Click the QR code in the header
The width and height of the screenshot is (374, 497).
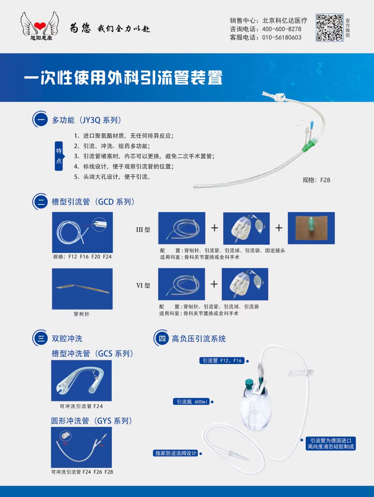point(329,28)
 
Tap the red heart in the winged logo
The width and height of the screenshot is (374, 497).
point(40,26)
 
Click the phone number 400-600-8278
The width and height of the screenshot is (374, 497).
point(282,29)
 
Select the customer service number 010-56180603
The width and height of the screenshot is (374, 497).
point(282,38)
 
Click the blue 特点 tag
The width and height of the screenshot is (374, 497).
point(59,156)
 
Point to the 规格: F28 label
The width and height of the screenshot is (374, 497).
point(316,180)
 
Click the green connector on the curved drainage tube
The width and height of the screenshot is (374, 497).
point(309,145)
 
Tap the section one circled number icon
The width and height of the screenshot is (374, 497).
point(41,120)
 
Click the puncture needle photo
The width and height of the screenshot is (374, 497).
point(82,289)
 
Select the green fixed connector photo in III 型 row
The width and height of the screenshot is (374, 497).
point(311,228)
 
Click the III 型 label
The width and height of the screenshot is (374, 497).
point(143,230)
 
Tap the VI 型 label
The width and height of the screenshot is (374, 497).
point(143,286)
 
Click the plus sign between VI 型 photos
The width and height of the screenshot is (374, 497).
point(214,284)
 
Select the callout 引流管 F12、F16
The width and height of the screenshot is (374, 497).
point(222,361)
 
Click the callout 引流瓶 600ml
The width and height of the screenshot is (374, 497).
point(191,402)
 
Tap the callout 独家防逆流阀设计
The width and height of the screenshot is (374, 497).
point(176,453)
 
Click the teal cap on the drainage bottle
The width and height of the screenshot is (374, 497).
point(249,384)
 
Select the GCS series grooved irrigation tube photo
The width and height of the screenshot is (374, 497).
point(81,381)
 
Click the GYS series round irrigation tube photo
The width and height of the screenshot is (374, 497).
point(81,447)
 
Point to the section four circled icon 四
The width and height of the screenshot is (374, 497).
point(162,338)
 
